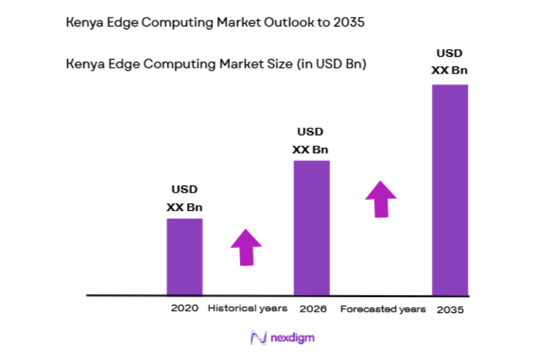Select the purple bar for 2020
(x=184, y=256)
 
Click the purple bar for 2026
(x=311, y=228)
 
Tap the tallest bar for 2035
(x=450, y=190)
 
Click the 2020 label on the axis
(x=184, y=308)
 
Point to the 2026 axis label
(x=311, y=308)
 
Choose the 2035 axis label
(x=450, y=309)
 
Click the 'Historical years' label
(x=247, y=308)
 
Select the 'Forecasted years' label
(x=382, y=309)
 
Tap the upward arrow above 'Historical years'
(x=246, y=247)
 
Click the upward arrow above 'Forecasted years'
(x=380, y=198)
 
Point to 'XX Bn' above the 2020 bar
(x=184, y=207)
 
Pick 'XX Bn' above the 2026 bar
(x=310, y=150)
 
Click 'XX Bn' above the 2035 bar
(x=450, y=70)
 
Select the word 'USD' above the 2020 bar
(x=184, y=189)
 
